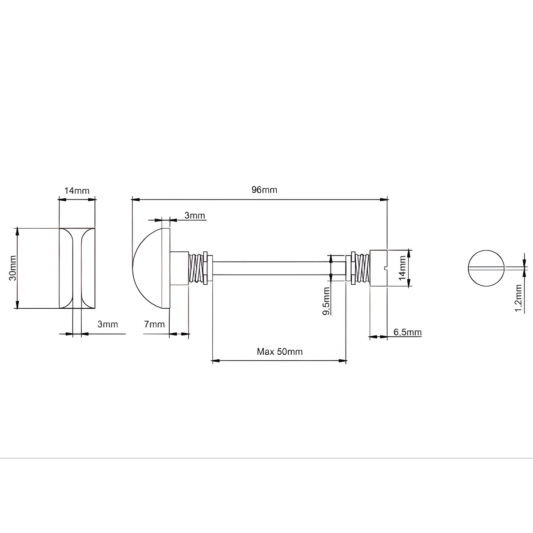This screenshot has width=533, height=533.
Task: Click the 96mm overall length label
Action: point(264,190)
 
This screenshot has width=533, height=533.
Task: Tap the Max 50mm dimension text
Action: point(280,351)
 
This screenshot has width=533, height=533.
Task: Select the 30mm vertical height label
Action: point(13,268)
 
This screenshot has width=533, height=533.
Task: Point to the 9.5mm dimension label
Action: point(326,301)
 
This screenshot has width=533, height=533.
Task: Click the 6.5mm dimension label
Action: point(407,332)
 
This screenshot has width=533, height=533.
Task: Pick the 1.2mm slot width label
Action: point(518,298)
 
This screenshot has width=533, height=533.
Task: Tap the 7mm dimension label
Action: point(154,324)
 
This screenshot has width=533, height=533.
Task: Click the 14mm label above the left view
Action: point(77,191)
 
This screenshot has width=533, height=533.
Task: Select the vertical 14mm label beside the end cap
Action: point(402,268)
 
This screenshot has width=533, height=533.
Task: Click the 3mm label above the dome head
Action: point(195,215)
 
